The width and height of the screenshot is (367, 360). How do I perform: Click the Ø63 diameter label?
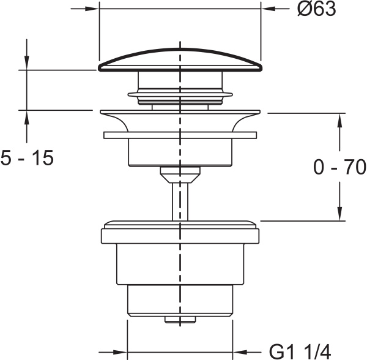click(x=317, y=9)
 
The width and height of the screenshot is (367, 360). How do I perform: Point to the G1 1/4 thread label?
click(x=300, y=352)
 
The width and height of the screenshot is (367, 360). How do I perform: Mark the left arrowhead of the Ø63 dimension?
click(x=91, y=9)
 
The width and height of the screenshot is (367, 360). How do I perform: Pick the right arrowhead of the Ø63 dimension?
click(x=269, y=9)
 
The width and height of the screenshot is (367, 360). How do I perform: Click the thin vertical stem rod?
click(x=180, y=199)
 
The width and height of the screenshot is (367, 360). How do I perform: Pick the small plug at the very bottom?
click(x=179, y=320)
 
